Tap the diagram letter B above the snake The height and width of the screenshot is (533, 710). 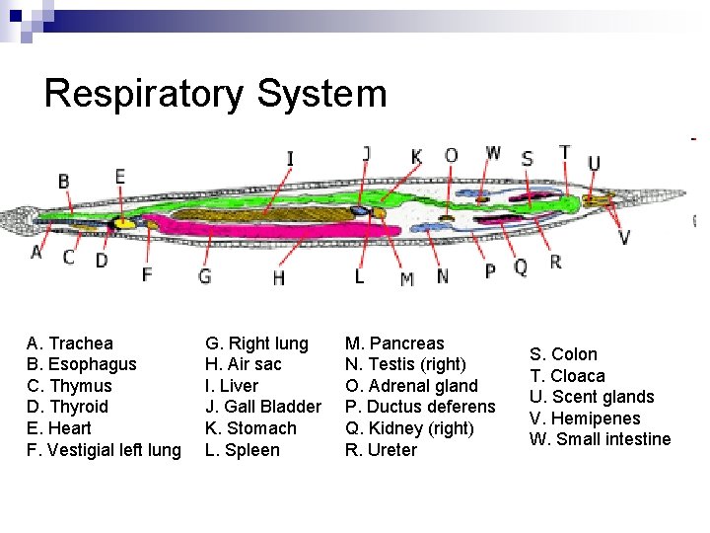(64, 182)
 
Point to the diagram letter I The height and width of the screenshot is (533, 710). (290, 159)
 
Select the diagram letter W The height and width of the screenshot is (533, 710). (493, 153)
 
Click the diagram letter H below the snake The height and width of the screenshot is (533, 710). (279, 279)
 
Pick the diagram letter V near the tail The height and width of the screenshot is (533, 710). (624, 237)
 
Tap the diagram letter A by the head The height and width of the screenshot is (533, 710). (36, 253)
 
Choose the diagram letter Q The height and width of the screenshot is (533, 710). (521, 266)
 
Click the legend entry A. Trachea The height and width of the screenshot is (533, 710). (70, 343)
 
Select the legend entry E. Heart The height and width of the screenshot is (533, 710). (59, 428)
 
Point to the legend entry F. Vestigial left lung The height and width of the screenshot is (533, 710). (104, 450)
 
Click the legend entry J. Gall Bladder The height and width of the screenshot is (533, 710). (262, 407)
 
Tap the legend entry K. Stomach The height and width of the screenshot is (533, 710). (250, 428)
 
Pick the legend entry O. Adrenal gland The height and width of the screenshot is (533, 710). (410, 386)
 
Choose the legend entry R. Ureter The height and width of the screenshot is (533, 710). (381, 450)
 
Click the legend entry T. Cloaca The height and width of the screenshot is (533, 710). (567, 376)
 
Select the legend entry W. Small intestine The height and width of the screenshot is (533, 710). (600, 439)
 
